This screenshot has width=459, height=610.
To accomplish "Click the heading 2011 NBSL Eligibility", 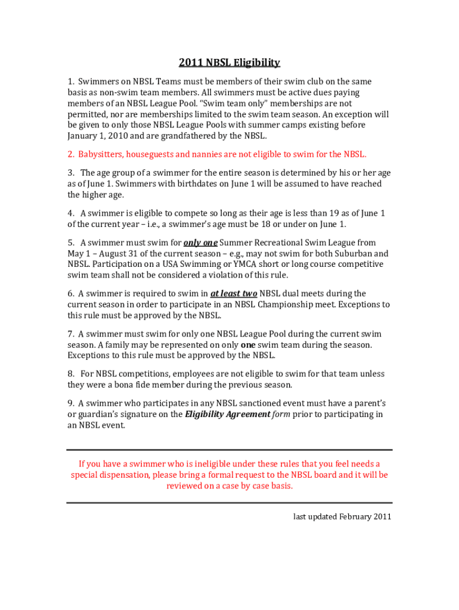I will click(x=229, y=63).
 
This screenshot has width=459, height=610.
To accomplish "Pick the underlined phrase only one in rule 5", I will click(x=200, y=242).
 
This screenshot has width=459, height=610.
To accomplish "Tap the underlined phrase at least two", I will click(x=234, y=293).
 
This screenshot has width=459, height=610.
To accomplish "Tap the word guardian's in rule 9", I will click(x=103, y=414).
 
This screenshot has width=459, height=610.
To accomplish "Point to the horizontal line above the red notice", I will click(x=229, y=450).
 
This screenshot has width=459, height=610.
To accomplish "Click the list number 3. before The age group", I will click(x=71, y=173).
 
